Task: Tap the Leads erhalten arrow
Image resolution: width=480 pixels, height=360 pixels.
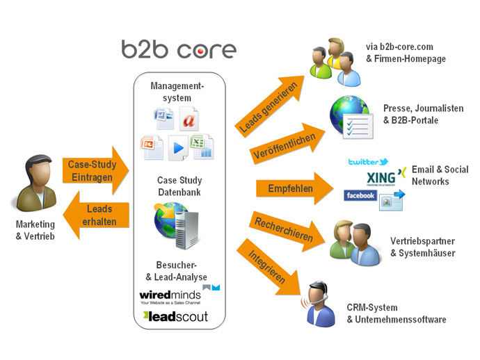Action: coord(97,215)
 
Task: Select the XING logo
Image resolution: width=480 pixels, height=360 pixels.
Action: coord(385,177)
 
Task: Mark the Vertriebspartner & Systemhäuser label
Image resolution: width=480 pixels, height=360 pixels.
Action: coord(422,247)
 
